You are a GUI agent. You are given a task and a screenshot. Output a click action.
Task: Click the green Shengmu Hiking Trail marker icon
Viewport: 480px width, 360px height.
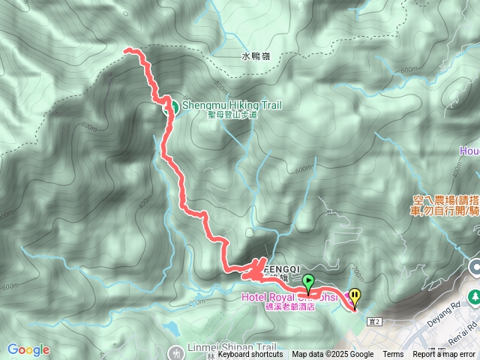[171, 106]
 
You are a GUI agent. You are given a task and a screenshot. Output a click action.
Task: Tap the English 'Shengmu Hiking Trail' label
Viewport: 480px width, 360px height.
[232, 106]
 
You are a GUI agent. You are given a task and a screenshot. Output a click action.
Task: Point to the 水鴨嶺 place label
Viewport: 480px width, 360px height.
[256, 55]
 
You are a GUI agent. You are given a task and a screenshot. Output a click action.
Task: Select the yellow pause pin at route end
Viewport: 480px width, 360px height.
[355, 298]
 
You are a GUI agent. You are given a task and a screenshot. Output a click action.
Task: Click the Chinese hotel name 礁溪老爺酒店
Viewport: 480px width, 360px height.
[290, 307]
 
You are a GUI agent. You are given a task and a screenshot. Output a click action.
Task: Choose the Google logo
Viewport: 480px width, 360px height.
[28, 350]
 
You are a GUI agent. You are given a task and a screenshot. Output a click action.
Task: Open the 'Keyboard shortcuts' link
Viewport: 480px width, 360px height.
[250, 355]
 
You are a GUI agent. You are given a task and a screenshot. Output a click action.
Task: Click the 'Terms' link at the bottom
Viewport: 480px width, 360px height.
[393, 355]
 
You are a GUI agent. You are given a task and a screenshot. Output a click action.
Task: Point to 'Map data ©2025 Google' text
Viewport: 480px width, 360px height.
[333, 355]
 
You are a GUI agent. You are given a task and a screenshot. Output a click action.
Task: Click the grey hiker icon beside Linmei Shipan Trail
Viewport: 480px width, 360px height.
[175, 351]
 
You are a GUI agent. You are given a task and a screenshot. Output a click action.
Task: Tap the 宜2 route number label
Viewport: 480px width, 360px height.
[376, 321]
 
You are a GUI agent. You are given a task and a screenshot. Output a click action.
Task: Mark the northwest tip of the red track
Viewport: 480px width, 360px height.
[125, 50]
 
